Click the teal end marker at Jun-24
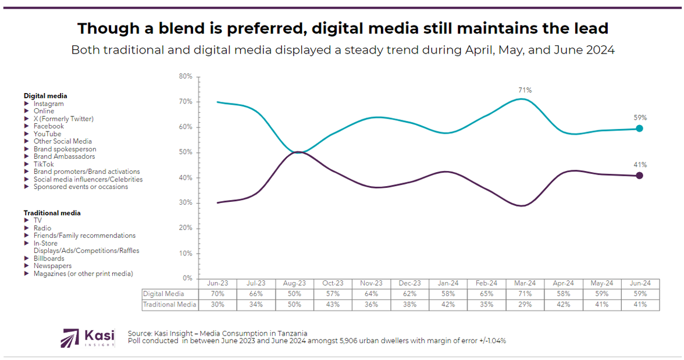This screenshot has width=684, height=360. coord(639,129)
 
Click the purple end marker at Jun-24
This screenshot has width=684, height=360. coord(639,176)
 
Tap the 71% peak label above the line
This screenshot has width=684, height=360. coord(525,90)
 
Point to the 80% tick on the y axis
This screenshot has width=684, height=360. coord(186,77)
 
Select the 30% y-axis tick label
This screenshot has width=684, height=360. coord(186,203)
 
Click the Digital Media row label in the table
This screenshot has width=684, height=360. coord(163,294)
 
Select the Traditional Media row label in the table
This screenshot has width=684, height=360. coord(170,304)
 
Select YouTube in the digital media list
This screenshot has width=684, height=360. coord(47,134)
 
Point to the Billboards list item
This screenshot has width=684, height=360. coord(49,258)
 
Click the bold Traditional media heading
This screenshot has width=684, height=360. coord(52,213)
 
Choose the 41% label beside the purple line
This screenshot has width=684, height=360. coord(640,165)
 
